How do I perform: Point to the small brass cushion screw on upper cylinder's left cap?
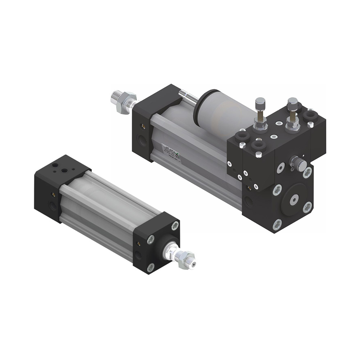click(143, 126)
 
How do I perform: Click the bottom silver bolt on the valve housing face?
click(277, 224)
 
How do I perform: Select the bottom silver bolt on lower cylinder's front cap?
click(151, 267)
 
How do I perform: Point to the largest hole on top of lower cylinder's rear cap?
click(55, 166)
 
